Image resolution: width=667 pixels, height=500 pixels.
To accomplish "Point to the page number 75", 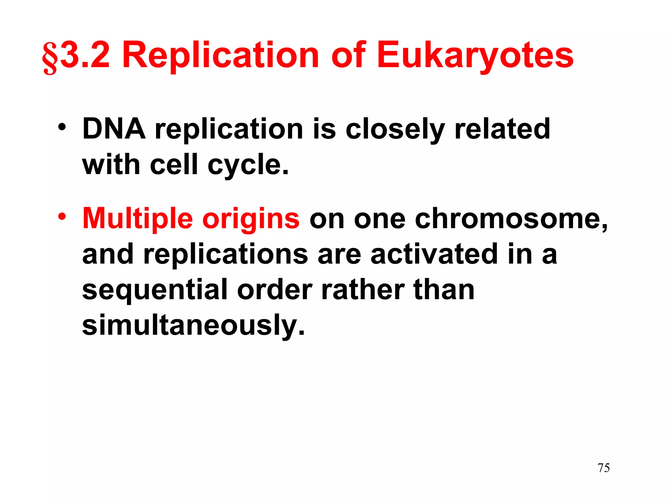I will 603,468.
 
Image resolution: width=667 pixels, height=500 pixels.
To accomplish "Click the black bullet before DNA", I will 62,127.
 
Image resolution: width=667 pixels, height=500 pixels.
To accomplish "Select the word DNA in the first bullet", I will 114,129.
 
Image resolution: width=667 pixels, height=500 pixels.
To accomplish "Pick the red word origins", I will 251,220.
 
